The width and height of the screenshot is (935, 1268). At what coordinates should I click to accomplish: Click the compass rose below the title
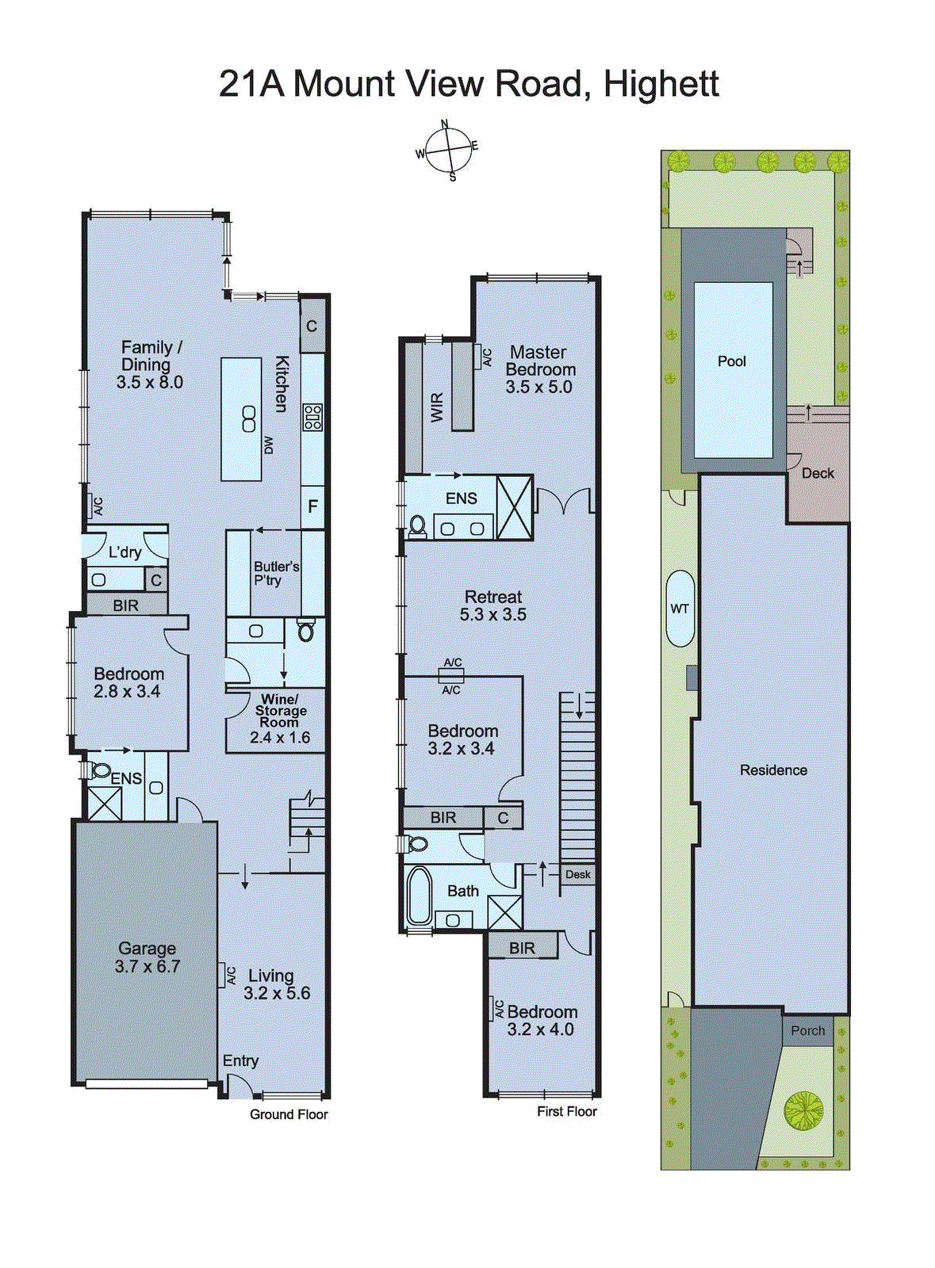(450, 151)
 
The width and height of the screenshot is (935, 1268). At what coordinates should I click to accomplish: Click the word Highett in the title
(661, 84)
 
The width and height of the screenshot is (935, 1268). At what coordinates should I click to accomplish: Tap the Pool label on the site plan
(731, 361)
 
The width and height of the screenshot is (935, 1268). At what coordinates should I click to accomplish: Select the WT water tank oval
(680, 609)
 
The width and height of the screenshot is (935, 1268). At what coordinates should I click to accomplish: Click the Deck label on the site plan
(818, 473)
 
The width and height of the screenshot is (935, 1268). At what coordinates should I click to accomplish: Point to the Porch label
(807, 1030)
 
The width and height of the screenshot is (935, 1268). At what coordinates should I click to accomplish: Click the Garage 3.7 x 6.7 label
(147, 957)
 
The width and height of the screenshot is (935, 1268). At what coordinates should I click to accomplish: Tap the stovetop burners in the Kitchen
(312, 417)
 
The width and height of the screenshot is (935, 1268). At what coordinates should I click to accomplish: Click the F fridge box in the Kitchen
(312, 506)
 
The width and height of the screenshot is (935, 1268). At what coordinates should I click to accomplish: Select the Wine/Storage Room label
(279, 718)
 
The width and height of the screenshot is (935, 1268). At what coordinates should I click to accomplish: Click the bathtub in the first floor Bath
(418, 896)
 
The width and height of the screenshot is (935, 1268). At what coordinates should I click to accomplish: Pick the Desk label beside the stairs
(577, 874)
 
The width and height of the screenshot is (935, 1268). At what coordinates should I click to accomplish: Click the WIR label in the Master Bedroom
(437, 407)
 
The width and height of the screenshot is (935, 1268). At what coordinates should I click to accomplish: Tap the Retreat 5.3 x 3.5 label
(492, 605)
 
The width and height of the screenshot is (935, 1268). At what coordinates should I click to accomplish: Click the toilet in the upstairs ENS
(416, 526)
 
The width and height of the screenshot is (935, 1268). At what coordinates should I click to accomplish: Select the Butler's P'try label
(275, 573)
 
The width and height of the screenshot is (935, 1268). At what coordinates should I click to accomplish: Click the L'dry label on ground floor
(125, 552)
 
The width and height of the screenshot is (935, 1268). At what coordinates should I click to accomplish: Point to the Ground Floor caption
(289, 1114)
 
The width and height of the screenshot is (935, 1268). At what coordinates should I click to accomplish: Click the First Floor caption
(566, 1111)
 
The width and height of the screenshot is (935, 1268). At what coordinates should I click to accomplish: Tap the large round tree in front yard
(803, 1110)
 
